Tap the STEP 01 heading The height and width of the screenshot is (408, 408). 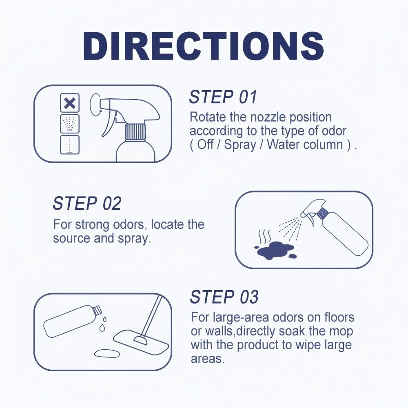(x=223, y=98)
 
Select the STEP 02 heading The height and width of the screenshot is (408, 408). (x=87, y=203)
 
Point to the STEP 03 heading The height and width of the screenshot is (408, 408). (x=224, y=297)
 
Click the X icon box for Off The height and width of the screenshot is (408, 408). (x=70, y=103)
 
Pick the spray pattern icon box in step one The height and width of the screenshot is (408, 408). (x=70, y=124)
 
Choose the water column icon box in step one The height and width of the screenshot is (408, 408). (x=70, y=145)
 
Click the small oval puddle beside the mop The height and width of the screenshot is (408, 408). (x=107, y=353)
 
